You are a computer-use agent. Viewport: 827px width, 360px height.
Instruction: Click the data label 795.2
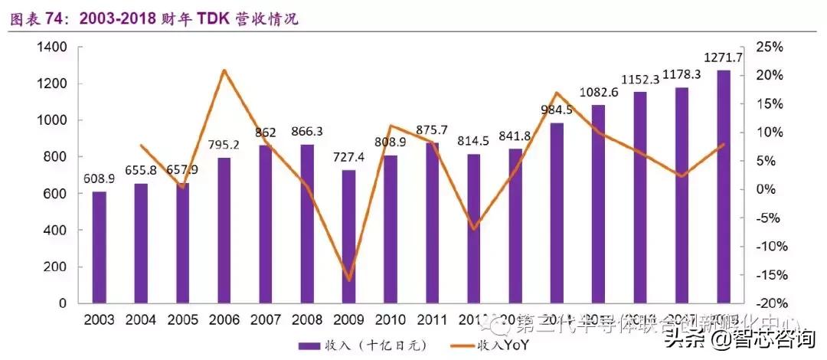[x=224, y=145]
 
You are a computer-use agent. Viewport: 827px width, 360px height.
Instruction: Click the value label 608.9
[x=100, y=178]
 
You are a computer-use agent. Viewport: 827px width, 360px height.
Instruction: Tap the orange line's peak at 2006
[x=224, y=70]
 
